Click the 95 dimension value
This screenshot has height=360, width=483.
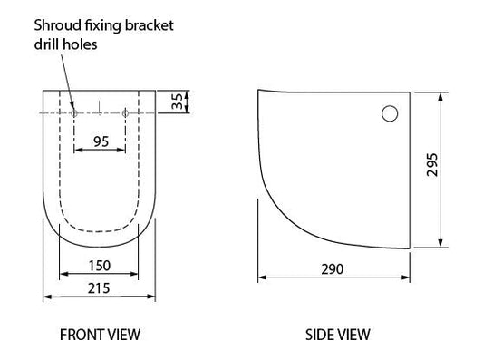pyautogui.click(x=101, y=141)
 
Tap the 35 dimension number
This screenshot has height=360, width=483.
pyautogui.click(x=178, y=102)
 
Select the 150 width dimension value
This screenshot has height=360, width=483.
pyautogui.click(x=99, y=266)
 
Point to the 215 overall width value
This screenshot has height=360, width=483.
pyautogui.click(x=99, y=288)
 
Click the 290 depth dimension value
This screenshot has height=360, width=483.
pyautogui.click(x=332, y=269)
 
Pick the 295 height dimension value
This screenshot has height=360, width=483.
pyautogui.click(x=432, y=165)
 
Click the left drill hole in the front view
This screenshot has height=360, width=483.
pyautogui.click(x=74, y=113)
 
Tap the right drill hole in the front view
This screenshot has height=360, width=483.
pyautogui.click(x=125, y=113)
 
